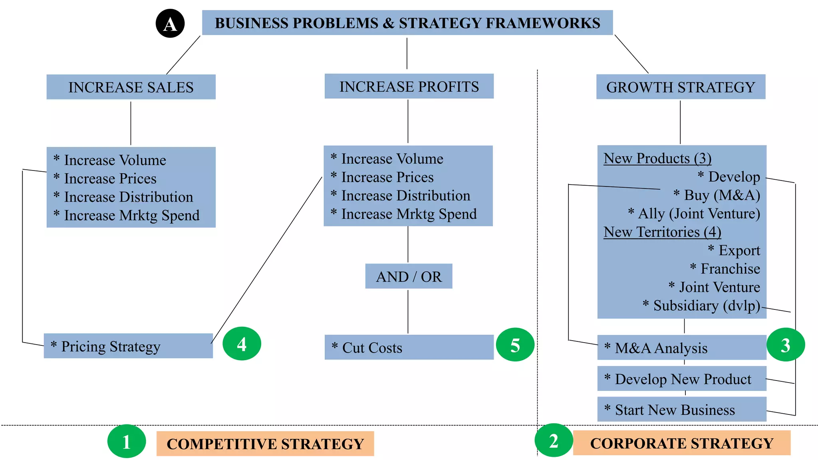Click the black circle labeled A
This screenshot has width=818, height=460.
(x=170, y=24)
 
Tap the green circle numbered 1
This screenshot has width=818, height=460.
(x=127, y=441)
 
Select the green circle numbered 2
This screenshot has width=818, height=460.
(x=554, y=440)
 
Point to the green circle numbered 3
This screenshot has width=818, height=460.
(x=786, y=345)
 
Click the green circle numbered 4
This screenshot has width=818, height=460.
(x=242, y=344)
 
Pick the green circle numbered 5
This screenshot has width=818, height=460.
(x=515, y=345)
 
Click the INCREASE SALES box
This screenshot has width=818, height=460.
(x=131, y=87)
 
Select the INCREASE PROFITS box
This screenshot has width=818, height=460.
(x=409, y=86)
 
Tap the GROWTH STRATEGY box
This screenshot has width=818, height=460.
(x=681, y=87)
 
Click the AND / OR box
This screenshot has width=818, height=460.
(x=409, y=276)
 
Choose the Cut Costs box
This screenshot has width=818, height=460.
(x=409, y=347)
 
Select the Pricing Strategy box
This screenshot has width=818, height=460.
(x=128, y=346)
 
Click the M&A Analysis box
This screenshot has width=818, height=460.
(x=682, y=347)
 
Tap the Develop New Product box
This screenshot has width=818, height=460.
(x=682, y=379)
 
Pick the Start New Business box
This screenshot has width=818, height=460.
(x=682, y=409)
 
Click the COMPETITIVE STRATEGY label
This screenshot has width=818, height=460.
(x=265, y=444)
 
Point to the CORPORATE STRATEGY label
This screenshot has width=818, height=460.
(x=682, y=443)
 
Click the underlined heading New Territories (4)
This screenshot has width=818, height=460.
(x=662, y=232)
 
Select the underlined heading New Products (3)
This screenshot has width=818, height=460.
(x=657, y=159)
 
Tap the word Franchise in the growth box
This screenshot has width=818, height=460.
(x=731, y=269)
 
